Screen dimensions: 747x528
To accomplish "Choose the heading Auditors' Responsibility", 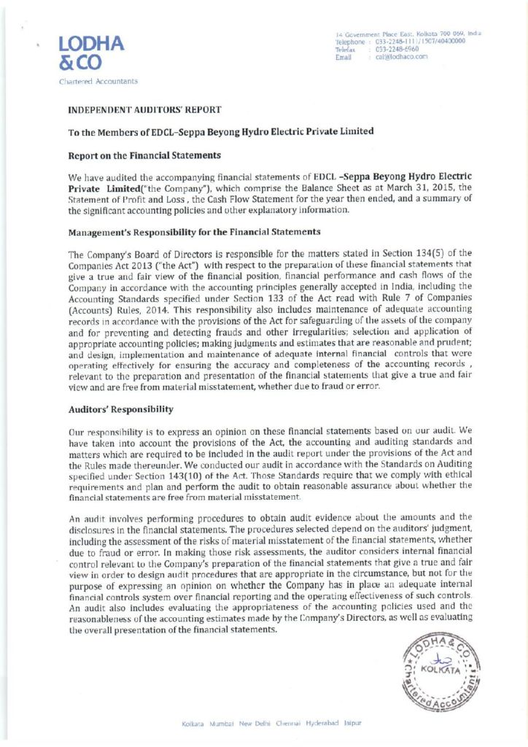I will click(x=120, y=411).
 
